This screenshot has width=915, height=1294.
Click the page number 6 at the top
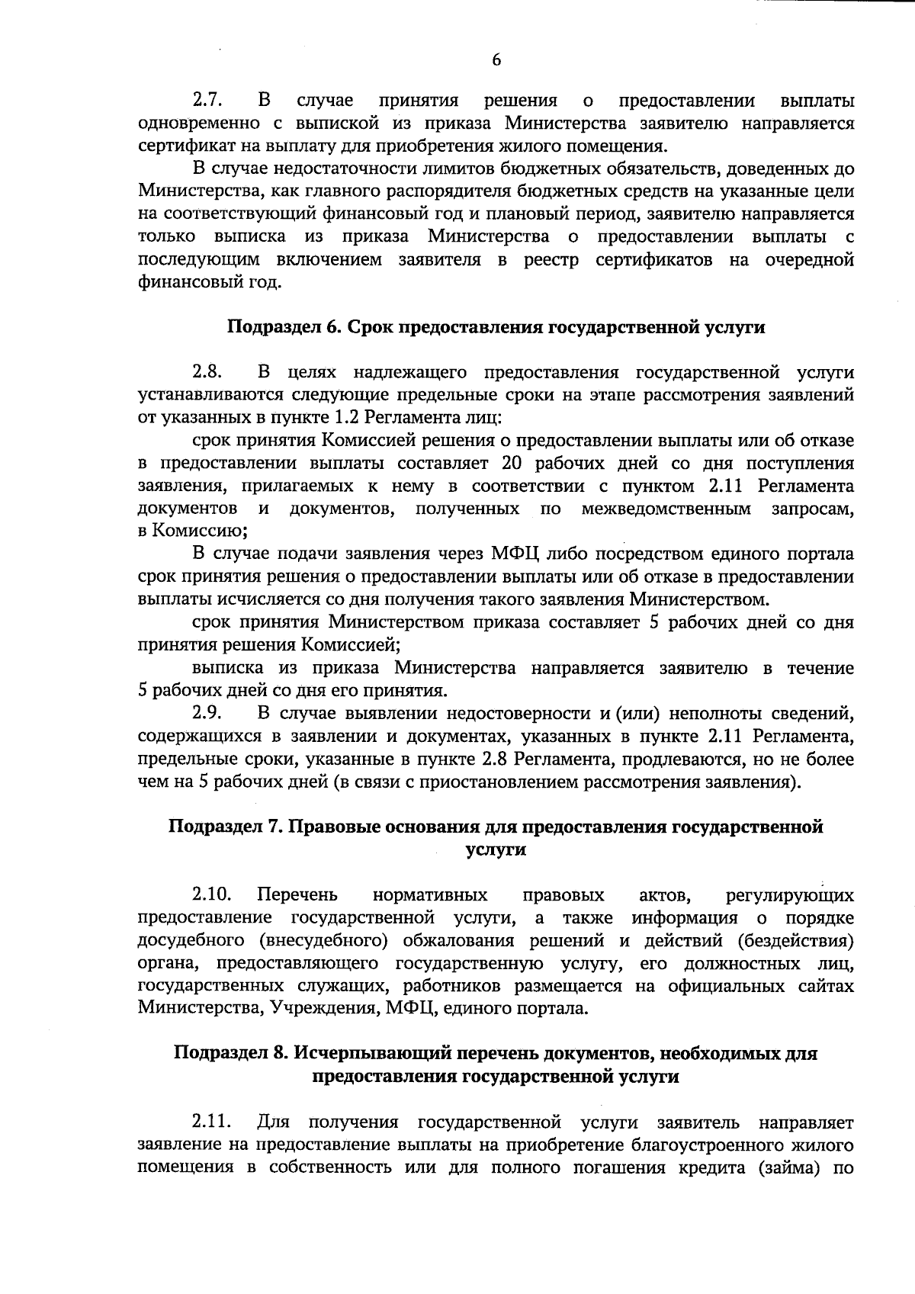tap(496, 61)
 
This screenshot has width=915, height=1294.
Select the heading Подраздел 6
tap(496, 328)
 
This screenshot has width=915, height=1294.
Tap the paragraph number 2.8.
tap(206, 373)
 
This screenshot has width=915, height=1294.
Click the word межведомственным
tap(666, 509)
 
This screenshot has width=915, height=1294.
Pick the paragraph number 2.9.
tap(206, 714)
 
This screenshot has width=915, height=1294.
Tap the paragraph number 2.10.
tap(211, 894)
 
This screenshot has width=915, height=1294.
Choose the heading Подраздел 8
tap(496, 1055)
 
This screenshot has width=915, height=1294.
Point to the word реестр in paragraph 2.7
tap(551, 261)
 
